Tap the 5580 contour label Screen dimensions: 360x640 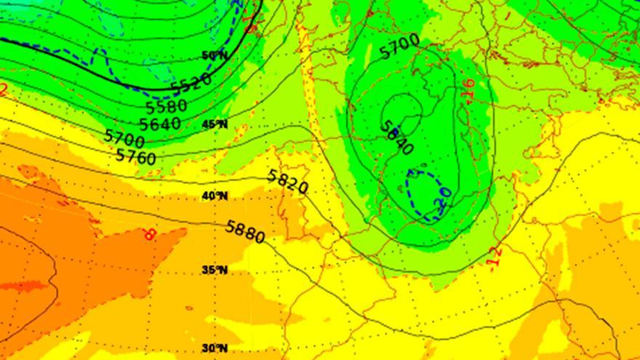167,106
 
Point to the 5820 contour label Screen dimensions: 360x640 288,181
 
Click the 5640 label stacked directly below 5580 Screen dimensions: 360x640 160,123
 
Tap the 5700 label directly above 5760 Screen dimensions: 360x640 124,137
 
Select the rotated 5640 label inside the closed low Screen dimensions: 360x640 397,136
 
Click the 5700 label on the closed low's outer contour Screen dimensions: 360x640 399,47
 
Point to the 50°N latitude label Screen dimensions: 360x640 214,56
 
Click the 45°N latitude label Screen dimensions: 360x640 214,124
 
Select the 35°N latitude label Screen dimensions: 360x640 214,270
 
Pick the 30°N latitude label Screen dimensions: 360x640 214,348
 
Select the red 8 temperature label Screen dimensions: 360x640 150,234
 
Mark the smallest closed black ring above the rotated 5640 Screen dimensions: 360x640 404,108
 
